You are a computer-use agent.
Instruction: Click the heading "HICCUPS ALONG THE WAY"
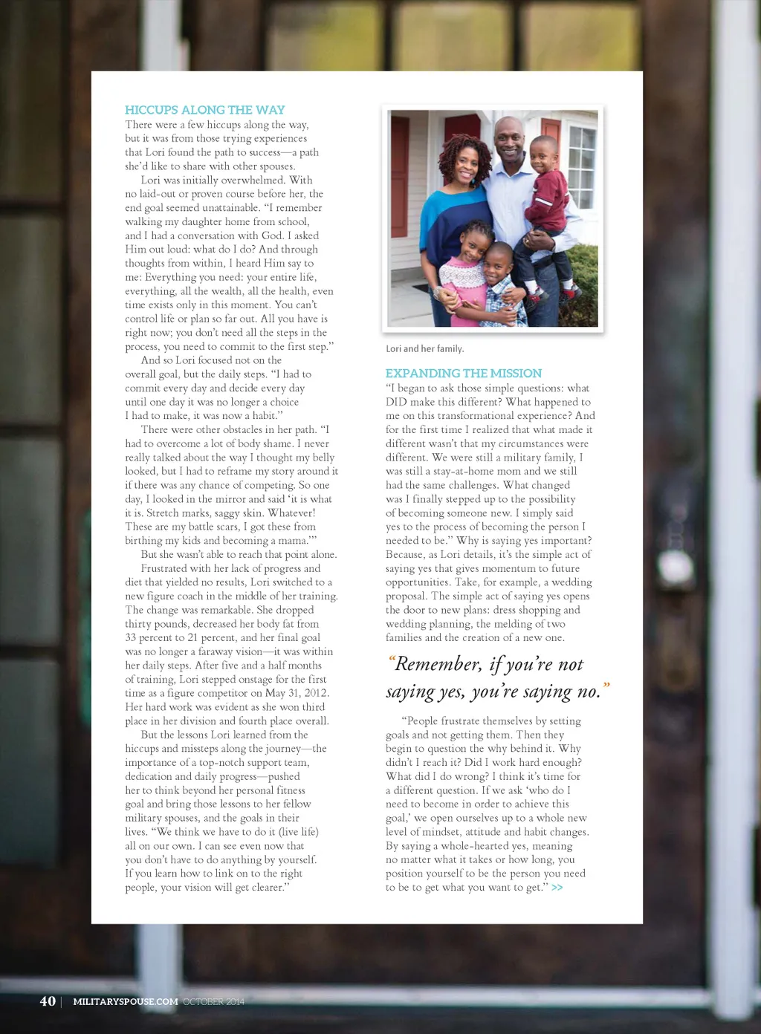click(x=204, y=110)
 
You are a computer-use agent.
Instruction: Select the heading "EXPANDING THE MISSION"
click(x=463, y=373)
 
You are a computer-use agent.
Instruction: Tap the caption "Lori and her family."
click(x=424, y=349)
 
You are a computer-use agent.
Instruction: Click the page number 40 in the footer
click(x=48, y=1001)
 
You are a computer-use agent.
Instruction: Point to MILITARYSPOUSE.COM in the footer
click(x=126, y=1002)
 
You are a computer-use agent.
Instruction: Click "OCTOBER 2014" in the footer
click(x=213, y=1002)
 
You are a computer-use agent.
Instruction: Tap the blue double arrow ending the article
click(x=557, y=888)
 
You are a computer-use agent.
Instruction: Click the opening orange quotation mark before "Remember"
click(x=391, y=659)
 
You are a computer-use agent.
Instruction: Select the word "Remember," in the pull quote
click(x=438, y=664)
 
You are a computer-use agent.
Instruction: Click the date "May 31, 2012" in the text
click(x=297, y=693)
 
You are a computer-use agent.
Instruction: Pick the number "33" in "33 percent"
click(x=132, y=637)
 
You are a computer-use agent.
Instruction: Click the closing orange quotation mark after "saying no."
click(x=606, y=686)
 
